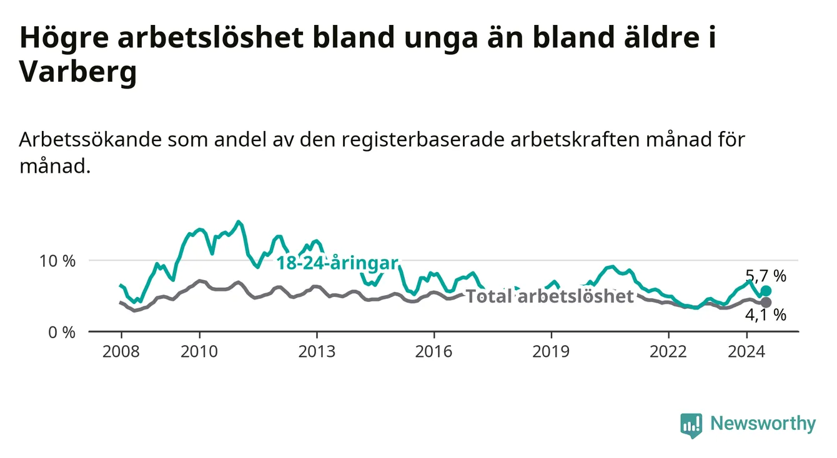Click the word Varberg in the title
click(78, 72)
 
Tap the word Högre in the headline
click(64, 38)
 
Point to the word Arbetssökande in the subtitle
click(90, 140)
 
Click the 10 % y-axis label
click(57, 261)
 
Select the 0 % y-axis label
click(62, 332)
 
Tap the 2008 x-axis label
click(121, 352)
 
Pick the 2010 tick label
click(199, 352)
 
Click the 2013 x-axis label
click(317, 352)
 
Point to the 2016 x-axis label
click(434, 352)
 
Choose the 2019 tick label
click(551, 352)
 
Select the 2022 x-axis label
click(668, 352)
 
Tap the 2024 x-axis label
click(746, 352)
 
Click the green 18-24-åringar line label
click(337, 263)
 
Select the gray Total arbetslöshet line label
click(550, 296)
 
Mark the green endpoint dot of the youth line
click(766, 291)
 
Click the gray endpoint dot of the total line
click(766, 303)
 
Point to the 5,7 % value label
click(766, 276)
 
